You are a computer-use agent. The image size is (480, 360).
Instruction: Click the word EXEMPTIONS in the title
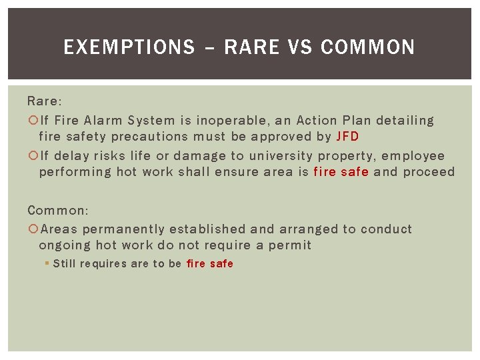click(x=129, y=47)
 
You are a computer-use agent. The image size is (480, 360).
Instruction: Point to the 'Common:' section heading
click(x=57, y=210)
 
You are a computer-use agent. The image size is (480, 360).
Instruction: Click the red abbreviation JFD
click(x=347, y=137)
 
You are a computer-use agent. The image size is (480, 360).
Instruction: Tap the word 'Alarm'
click(x=103, y=121)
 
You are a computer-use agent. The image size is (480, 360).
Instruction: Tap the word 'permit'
click(x=290, y=245)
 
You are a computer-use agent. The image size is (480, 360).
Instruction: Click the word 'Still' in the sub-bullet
click(x=64, y=263)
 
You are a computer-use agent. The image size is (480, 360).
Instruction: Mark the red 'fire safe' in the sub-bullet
click(x=210, y=263)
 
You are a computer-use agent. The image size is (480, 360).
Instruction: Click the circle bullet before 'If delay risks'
click(x=33, y=156)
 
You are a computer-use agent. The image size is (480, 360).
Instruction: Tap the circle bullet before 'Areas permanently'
click(x=33, y=229)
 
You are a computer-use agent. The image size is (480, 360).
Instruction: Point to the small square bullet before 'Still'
click(x=47, y=263)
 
